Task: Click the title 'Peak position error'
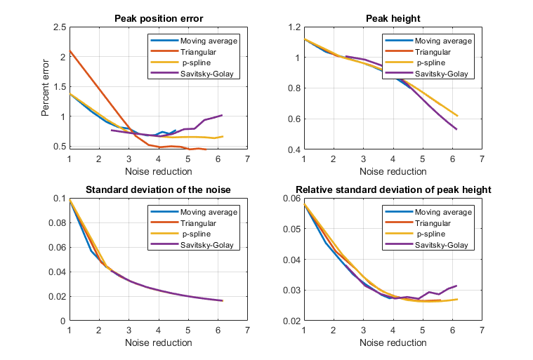point(157,18)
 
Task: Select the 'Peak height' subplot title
point(392,18)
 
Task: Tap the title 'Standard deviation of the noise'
point(157,189)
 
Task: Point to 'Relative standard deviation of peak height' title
point(392,189)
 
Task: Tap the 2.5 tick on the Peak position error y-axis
point(59,27)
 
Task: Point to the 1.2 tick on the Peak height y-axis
point(294,27)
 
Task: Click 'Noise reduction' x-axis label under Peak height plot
point(392,171)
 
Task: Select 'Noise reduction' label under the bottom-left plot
point(157,342)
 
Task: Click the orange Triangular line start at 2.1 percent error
point(70,51)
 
